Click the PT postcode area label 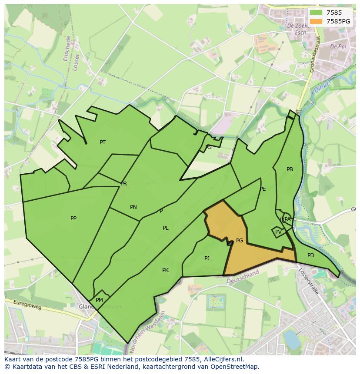click(x=103, y=142)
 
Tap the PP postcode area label click(x=73, y=218)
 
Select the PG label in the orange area click(x=240, y=241)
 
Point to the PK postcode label click(x=165, y=270)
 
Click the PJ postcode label click(x=207, y=258)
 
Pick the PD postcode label click(x=310, y=255)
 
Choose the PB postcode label click(x=290, y=169)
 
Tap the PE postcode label click(x=263, y=189)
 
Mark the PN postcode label click(x=133, y=207)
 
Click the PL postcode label click(x=166, y=228)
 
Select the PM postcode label click(x=99, y=300)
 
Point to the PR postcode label click(x=124, y=184)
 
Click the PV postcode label click(x=278, y=232)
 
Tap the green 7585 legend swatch click(x=316, y=13)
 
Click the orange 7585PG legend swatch click(x=316, y=21)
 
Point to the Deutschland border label click(x=243, y=276)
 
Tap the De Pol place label click(x=337, y=46)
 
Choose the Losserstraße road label click(x=309, y=281)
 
